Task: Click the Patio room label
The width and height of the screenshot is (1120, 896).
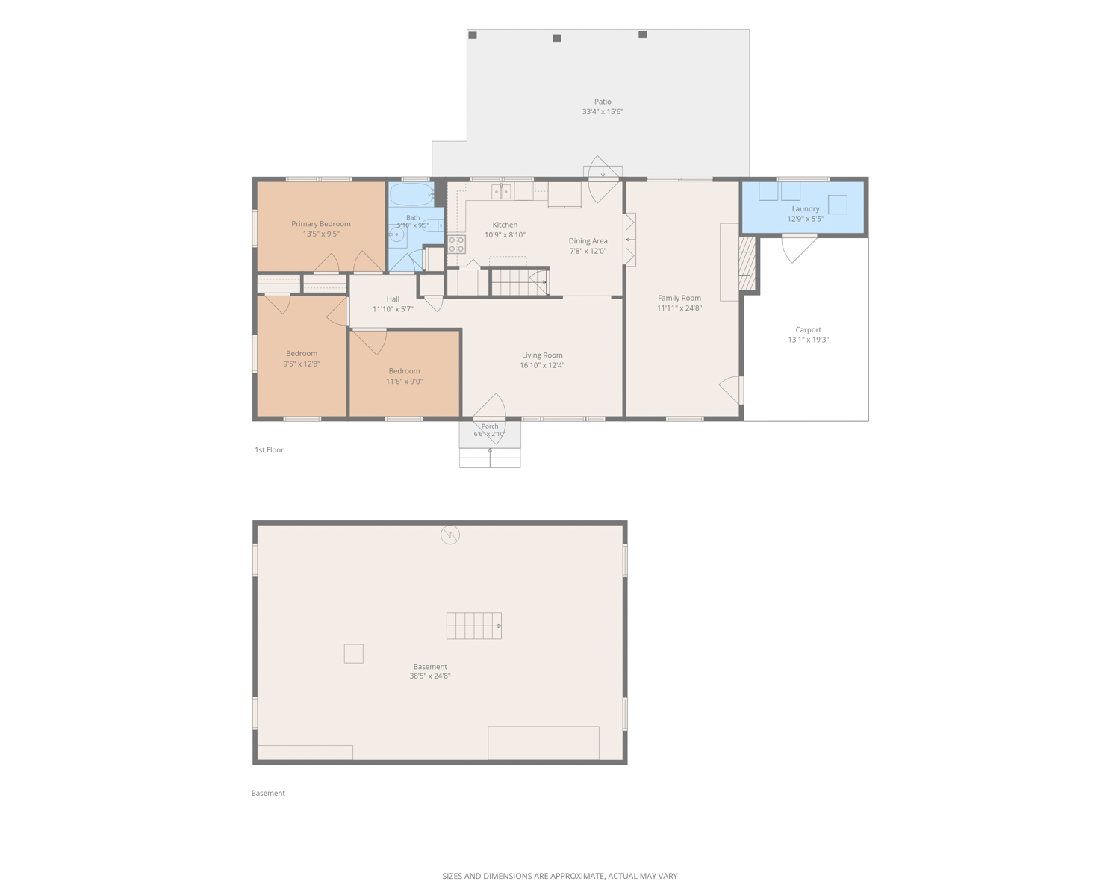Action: (602, 102)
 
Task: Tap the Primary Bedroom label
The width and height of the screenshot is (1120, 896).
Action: (320, 224)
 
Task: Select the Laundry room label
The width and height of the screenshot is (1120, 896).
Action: (805, 209)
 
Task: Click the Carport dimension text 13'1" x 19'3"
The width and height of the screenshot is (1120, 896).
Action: (808, 340)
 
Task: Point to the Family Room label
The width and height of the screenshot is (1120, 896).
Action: (679, 299)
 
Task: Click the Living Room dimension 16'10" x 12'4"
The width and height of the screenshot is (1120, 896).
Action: (542, 365)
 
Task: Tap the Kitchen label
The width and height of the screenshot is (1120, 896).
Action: (505, 225)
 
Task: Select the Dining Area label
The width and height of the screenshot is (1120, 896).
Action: (588, 241)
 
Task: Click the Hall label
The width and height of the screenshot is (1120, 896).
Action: (393, 299)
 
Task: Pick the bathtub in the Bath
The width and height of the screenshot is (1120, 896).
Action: (411, 194)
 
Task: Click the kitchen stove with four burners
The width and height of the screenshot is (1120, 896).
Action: (456, 244)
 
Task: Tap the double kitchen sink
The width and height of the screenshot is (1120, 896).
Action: (501, 192)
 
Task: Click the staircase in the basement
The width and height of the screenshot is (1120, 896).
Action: (473, 626)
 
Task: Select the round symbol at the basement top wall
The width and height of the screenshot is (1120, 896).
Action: (450, 535)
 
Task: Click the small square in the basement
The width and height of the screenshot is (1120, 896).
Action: (353, 654)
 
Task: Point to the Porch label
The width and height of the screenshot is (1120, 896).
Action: (490, 426)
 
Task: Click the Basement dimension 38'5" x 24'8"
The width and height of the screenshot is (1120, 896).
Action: (430, 676)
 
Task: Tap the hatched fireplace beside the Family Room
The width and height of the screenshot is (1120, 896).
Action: (747, 263)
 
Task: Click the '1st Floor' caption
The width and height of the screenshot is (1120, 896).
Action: (269, 449)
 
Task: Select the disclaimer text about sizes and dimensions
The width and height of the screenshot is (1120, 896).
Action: (560, 877)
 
